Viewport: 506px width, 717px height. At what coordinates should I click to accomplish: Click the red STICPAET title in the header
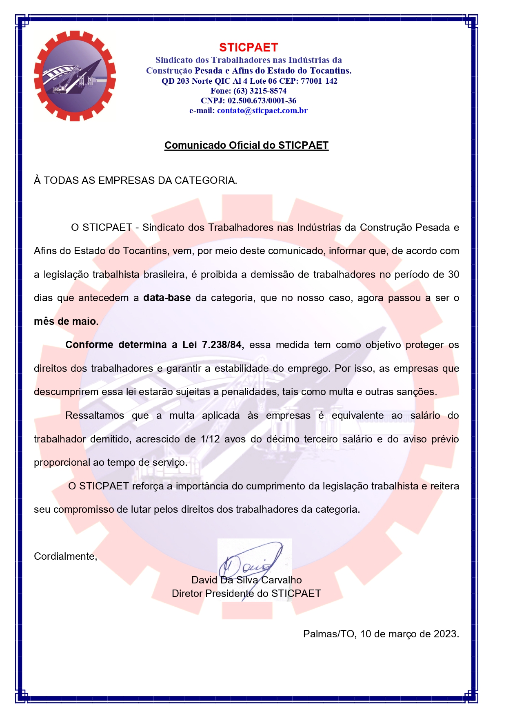[x=248, y=47]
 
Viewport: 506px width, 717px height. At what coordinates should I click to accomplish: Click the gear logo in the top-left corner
[x=75, y=76]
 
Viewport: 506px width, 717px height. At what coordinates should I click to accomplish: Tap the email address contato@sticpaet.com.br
[x=262, y=110]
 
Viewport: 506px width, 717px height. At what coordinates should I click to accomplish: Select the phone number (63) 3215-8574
[x=260, y=91]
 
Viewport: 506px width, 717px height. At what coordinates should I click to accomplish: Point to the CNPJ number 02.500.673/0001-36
[x=262, y=101]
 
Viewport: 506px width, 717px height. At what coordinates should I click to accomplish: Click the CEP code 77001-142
[x=319, y=81]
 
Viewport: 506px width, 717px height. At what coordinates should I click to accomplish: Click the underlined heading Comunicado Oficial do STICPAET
[x=246, y=145]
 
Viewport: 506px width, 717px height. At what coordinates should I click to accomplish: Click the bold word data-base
[x=167, y=298]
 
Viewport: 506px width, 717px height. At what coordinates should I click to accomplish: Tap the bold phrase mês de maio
[x=66, y=322]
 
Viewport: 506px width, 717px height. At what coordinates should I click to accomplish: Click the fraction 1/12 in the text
[x=210, y=439]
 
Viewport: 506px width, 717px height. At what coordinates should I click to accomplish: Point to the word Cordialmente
[x=65, y=556]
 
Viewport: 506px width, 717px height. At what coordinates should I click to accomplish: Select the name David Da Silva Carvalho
[x=246, y=580]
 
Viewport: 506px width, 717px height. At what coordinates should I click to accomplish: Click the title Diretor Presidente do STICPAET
[x=246, y=594]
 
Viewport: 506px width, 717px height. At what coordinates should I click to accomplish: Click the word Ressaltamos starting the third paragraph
[x=95, y=415]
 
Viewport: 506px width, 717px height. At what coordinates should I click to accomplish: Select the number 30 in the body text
[x=453, y=275]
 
